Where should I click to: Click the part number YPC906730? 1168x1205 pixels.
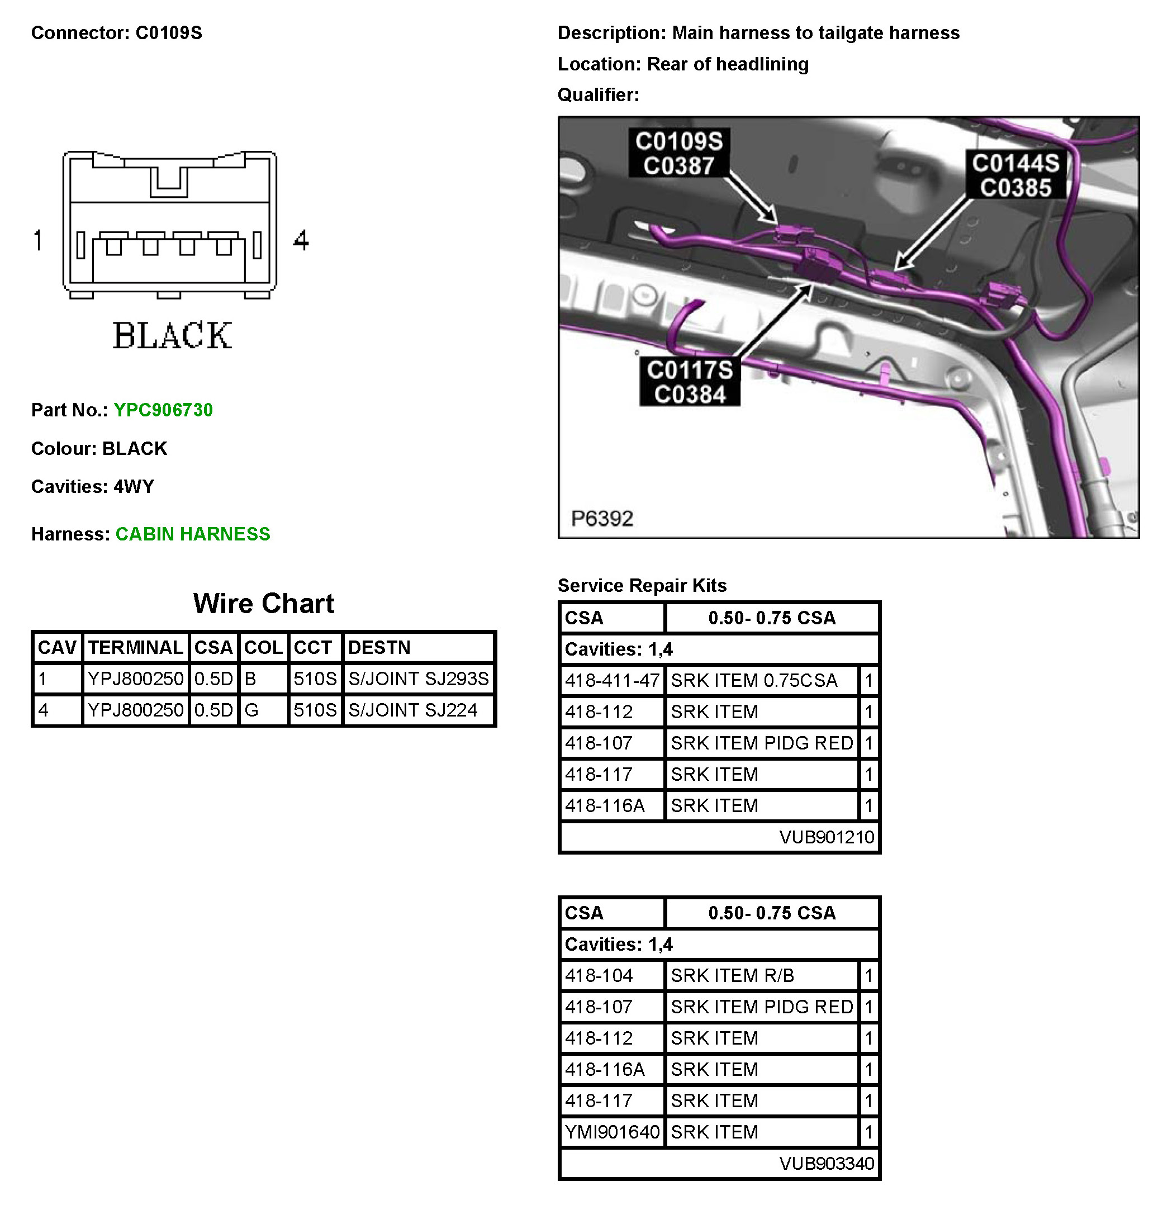163,410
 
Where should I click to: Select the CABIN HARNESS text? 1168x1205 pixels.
192,534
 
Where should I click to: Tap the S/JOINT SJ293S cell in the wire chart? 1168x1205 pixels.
418,679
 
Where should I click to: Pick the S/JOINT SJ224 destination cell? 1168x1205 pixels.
412,710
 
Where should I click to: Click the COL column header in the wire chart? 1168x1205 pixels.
263,647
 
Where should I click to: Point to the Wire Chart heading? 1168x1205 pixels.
263,604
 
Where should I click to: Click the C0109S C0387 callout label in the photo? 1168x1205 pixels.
678,153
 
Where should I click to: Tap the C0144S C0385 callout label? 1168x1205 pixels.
1015,175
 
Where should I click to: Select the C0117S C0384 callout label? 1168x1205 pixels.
690,382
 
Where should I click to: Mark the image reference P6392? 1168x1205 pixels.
602,518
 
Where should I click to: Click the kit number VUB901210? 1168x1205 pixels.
826,837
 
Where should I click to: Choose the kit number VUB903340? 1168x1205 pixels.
826,1163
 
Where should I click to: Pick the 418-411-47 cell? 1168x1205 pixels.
611,681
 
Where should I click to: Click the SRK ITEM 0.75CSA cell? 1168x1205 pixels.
754,681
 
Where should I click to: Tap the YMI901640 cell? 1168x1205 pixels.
611,1132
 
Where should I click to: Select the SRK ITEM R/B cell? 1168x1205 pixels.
732,976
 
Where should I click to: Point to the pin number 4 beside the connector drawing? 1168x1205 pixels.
301,240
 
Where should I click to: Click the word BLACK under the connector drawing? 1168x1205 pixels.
172,336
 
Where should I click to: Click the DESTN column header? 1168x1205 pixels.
379,647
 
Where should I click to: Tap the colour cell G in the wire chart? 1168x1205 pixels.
251,710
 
